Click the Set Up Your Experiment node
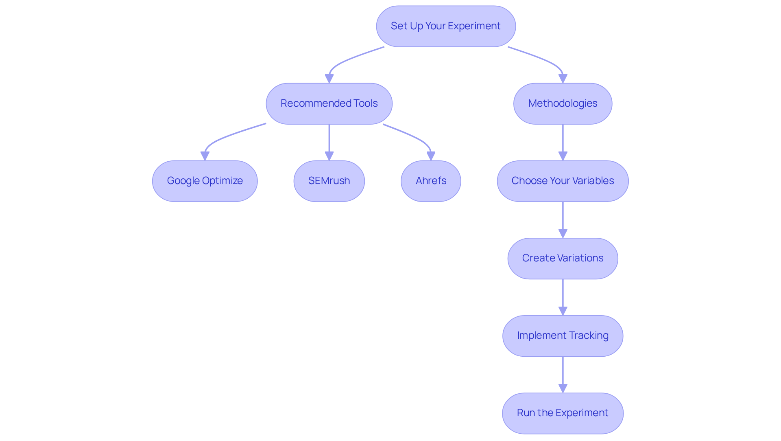tap(446, 26)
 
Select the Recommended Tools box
tap(329, 103)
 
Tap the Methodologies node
tap(563, 103)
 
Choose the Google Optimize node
tap(205, 181)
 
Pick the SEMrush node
tap(329, 181)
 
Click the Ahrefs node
tap(431, 181)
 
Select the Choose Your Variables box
tap(563, 181)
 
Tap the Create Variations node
tap(563, 258)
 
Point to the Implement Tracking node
tap(563, 336)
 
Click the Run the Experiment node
tap(563, 413)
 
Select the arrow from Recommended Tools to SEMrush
tap(329, 140)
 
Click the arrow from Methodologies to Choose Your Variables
tap(563, 140)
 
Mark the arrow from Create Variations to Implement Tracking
tap(563, 295)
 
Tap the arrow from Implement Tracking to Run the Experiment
tap(563, 373)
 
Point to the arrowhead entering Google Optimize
tap(205, 156)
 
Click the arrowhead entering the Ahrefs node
tap(431, 156)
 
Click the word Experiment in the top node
tap(474, 26)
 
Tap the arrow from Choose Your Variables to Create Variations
tap(563, 218)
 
